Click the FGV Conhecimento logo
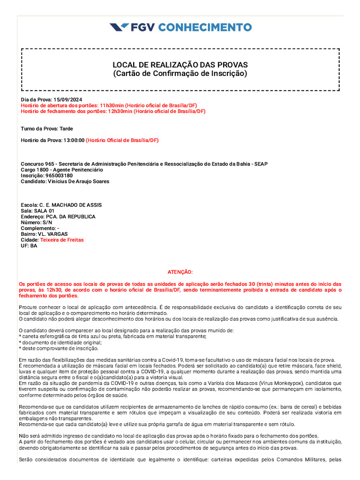[180, 27]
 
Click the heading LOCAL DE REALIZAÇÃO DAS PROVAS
[180, 65]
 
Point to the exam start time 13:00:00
[74, 140]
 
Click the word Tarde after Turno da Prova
[66, 129]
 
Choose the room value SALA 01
[45, 211]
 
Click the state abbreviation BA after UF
[34, 246]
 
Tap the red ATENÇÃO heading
[180, 272]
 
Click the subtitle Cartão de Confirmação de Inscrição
[180, 74]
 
